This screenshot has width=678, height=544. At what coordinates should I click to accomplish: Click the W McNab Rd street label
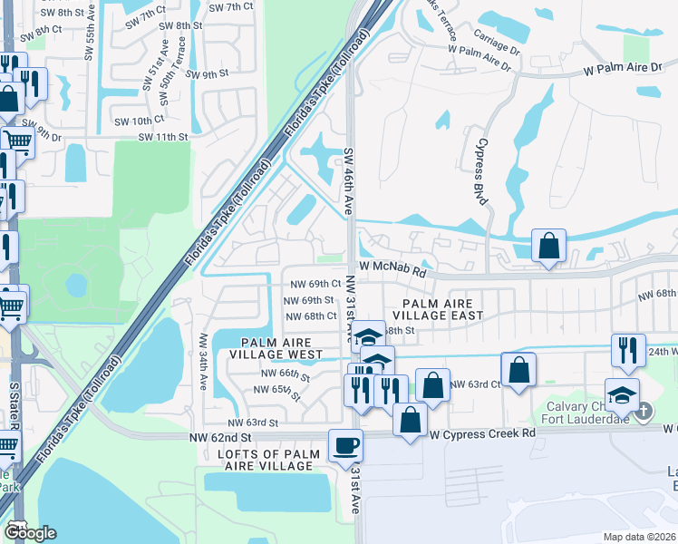click(391, 268)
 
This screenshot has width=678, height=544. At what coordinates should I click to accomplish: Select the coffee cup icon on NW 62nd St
click(345, 446)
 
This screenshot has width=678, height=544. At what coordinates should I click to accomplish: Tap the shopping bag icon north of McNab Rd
click(548, 246)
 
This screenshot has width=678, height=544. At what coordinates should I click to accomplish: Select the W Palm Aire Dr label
click(625, 68)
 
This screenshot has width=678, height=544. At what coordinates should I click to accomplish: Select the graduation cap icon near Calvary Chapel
click(622, 394)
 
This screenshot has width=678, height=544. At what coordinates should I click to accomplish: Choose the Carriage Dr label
click(497, 43)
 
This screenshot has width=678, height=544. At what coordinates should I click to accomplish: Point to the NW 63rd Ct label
click(476, 384)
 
